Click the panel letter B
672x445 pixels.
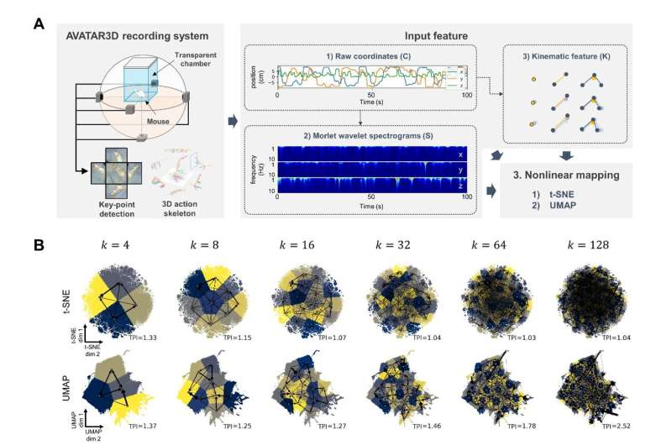(38, 246)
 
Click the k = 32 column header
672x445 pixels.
(399, 248)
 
